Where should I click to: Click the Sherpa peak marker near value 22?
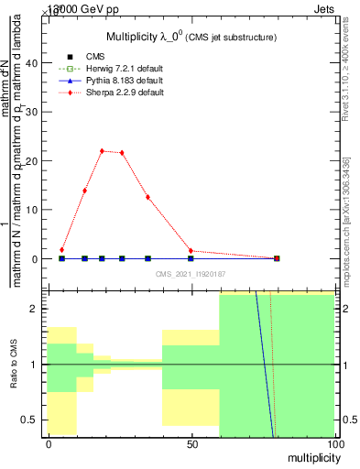[103, 151]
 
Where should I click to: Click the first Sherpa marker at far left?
[61, 249]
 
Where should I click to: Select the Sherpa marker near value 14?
[85, 191]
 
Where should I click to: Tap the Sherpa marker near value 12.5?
[147, 197]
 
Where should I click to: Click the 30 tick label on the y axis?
[33, 113]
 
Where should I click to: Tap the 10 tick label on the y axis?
[33, 210]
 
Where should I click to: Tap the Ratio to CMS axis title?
[14, 363]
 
